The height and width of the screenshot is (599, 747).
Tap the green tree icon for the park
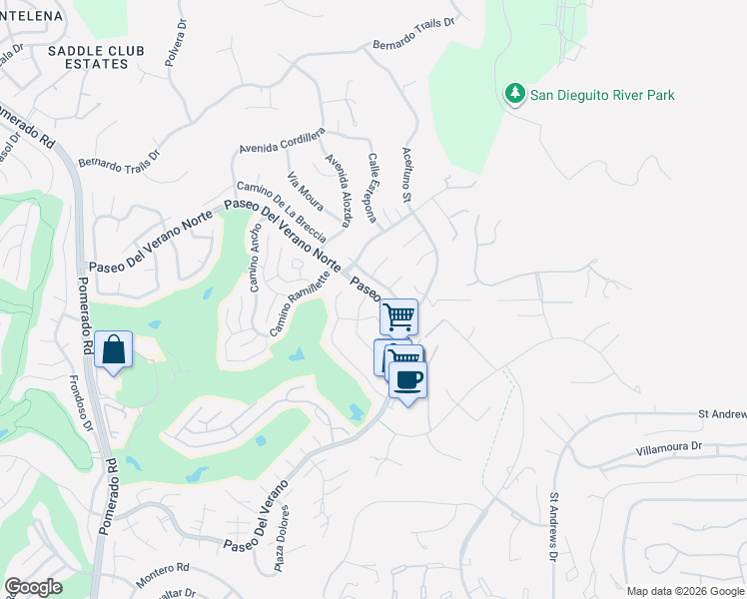coord(515,94)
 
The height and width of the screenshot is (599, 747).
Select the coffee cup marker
coord(407,380)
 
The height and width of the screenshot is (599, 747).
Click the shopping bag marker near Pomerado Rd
coord(114,350)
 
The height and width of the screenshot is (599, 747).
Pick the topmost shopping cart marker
coord(399,316)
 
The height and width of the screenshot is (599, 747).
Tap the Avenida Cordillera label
coord(283,141)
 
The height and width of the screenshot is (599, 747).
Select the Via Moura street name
coord(306,192)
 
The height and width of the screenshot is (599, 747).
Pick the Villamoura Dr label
coord(669,450)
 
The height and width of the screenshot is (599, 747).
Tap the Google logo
coord(34,587)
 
